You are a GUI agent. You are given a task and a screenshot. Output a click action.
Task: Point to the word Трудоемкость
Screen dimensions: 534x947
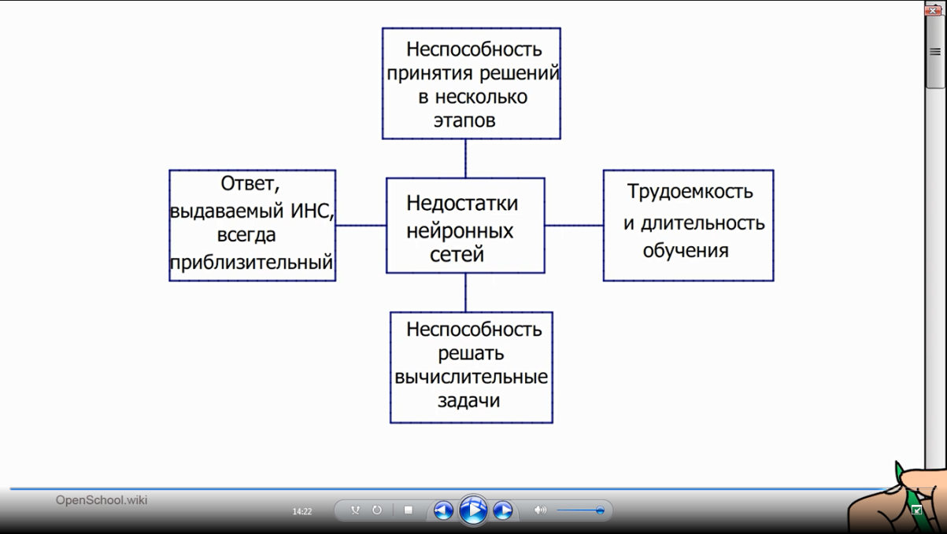(x=690, y=191)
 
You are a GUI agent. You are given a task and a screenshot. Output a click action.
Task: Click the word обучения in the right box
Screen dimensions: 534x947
(x=686, y=251)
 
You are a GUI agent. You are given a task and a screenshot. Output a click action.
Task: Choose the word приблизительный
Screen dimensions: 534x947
(x=252, y=262)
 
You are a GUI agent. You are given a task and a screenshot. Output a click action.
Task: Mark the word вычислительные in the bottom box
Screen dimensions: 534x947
(x=471, y=377)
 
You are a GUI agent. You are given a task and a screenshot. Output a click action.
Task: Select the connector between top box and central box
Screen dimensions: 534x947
(x=465, y=158)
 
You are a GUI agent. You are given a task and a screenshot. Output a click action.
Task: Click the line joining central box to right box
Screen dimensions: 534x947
(x=573, y=226)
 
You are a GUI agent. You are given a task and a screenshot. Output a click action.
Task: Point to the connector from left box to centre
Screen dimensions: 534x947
(x=361, y=226)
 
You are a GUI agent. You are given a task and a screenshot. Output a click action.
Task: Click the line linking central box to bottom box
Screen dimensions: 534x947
(x=465, y=292)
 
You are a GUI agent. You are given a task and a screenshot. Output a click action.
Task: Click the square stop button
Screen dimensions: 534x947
(x=408, y=510)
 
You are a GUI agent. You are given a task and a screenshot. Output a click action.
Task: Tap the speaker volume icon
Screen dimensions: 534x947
(x=540, y=510)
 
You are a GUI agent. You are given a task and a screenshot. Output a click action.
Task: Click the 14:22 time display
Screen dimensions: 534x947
(x=302, y=511)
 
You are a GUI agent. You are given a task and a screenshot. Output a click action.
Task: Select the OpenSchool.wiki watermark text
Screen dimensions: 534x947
(x=102, y=500)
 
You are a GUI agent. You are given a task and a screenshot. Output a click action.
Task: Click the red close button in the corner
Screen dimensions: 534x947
(x=934, y=10)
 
